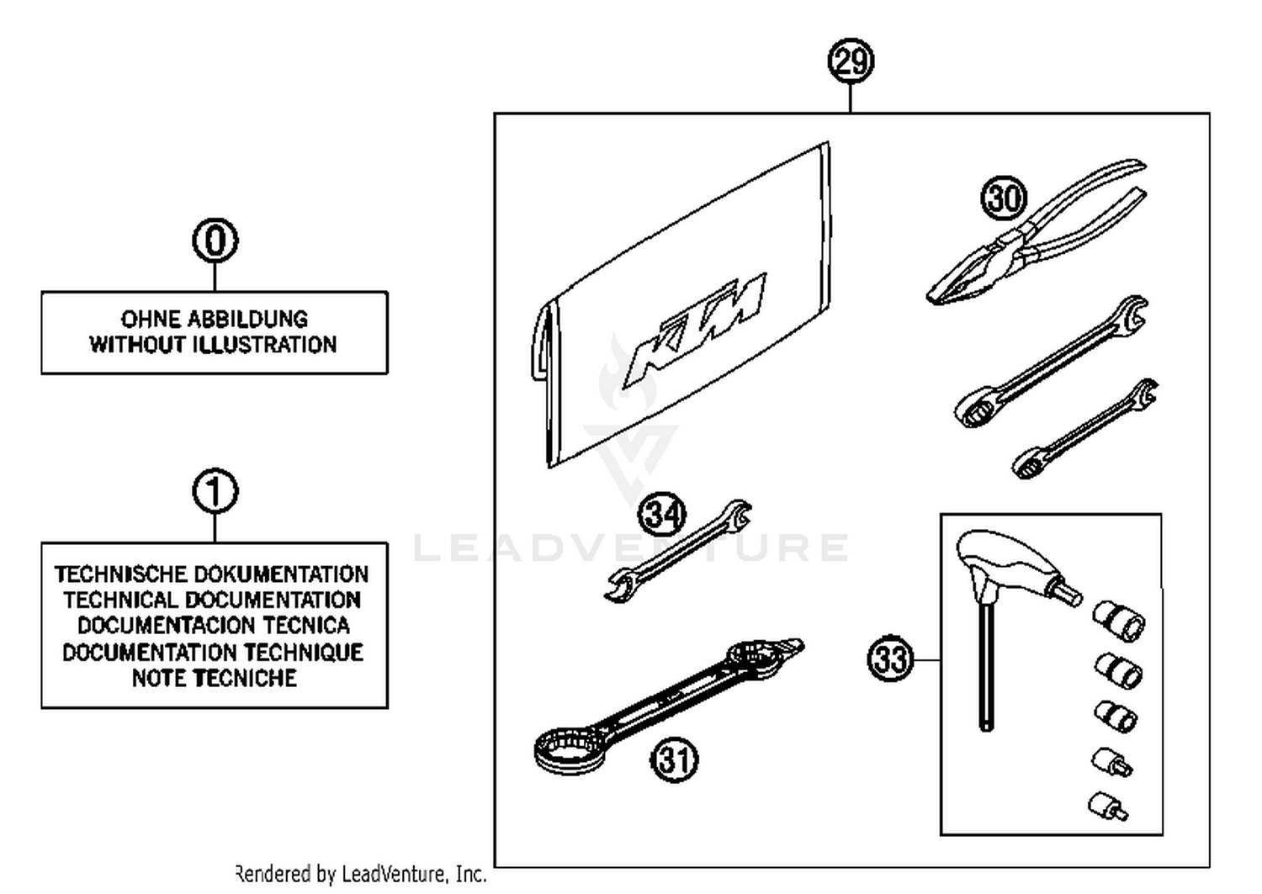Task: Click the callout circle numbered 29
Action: [851, 61]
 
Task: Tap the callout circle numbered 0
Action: [215, 241]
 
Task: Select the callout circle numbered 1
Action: [215, 492]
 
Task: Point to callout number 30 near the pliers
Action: [1004, 198]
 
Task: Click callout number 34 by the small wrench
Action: [662, 514]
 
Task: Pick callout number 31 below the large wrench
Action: [675, 759]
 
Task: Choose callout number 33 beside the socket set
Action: [890, 659]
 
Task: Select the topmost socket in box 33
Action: [1118, 621]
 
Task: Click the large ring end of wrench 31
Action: [570, 748]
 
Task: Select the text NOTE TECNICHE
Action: [215, 678]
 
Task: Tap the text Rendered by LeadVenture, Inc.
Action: [362, 875]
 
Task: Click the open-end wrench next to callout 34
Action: [677, 551]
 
